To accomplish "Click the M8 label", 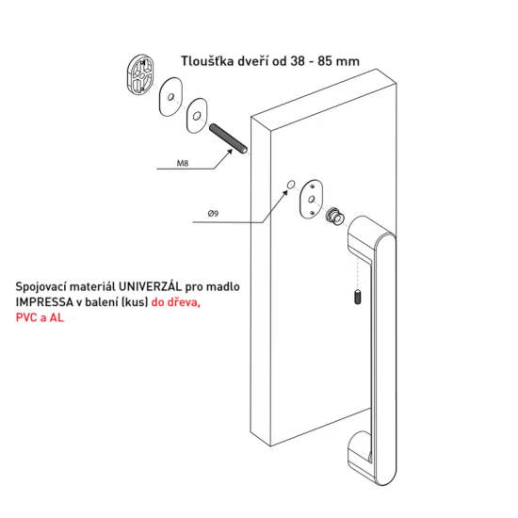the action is click(x=183, y=163).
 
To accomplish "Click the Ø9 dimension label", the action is click(x=213, y=214).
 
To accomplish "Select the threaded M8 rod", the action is click(x=228, y=138).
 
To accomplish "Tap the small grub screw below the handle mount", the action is click(x=358, y=297).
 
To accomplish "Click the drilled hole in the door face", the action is click(x=291, y=185).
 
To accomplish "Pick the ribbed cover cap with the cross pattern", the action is click(x=140, y=75).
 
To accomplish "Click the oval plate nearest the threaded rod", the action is click(x=197, y=116).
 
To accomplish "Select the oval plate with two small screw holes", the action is click(x=311, y=199).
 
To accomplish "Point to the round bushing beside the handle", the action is click(x=334, y=216).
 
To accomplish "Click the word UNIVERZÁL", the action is click(x=150, y=286).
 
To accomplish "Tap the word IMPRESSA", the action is click(x=44, y=302).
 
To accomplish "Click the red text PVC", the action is click(x=26, y=317).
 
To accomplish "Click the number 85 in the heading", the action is click(x=325, y=61).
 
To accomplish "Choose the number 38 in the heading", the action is click(x=297, y=61).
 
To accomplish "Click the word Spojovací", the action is click(x=41, y=286).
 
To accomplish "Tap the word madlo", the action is click(x=223, y=286).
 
